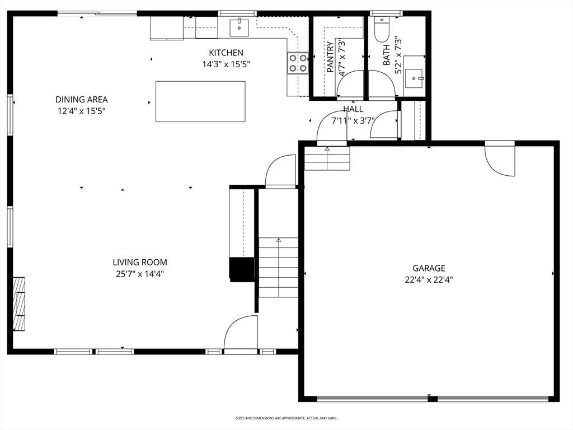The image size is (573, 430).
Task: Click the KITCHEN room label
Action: [x=226, y=53]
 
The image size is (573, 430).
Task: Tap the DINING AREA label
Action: [x=82, y=100]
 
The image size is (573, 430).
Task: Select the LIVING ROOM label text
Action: [x=140, y=262]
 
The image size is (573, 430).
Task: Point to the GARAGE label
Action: [x=429, y=268]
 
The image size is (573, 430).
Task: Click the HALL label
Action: [x=353, y=109]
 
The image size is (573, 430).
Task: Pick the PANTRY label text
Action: [x=330, y=57]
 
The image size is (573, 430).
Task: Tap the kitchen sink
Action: [x=239, y=28]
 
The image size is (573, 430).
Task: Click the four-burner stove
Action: [x=298, y=63]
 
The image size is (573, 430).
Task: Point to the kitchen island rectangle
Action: [x=200, y=101]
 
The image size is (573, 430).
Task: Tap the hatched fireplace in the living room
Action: [x=19, y=304]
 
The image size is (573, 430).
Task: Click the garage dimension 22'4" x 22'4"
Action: [x=429, y=280]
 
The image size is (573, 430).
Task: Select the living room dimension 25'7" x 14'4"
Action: [x=140, y=274]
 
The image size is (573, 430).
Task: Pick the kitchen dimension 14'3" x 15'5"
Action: [x=226, y=64]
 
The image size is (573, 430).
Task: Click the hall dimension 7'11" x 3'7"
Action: [x=353, y=120]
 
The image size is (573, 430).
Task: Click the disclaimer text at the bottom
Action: [x=286, y=418]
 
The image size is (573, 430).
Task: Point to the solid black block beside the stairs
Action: [x=242, y=269]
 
